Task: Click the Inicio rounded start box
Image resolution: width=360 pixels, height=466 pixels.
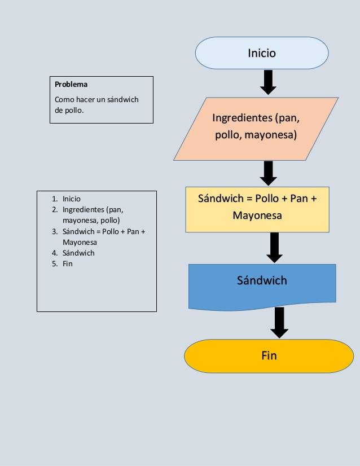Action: coord(261,53)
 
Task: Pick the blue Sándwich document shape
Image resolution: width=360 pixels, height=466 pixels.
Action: coord(262,285)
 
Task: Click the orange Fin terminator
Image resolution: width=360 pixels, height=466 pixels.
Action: coord(269,356)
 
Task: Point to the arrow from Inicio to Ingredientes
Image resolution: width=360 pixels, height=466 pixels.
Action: coord(268,82)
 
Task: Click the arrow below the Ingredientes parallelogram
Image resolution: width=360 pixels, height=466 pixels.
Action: coord(268,173)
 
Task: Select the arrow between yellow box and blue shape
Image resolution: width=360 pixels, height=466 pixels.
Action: coord(274,247)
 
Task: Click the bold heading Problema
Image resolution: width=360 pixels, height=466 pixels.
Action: coord(71,85)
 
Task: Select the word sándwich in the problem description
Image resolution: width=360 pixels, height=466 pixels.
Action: coord(121,100)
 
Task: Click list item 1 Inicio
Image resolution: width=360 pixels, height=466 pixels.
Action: coord(72,199)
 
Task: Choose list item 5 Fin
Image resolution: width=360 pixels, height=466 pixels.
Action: coord(68,263)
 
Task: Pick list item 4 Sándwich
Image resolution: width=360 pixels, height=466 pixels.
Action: coord(78,253)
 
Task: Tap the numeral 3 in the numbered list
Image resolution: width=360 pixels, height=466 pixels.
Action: coord(54,231)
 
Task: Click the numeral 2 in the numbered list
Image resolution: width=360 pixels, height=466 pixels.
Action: coord(54,209)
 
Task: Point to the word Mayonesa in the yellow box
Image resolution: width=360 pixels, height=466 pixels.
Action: coord(257,216)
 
